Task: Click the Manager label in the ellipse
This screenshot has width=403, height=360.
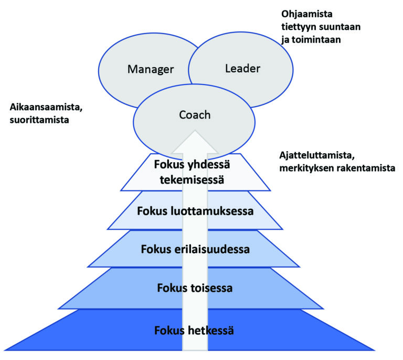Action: tap(151, 69)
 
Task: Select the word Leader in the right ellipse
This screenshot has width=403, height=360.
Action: tap(242, 69)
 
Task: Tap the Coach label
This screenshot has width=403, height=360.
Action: tap(195, 115)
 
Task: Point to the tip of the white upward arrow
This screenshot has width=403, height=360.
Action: tap(195, 131)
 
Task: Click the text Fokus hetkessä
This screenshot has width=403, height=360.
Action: tap(194, 331)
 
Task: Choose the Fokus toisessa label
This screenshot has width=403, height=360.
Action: tap(195, 288)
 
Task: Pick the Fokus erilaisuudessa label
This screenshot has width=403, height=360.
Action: tap(195, 249)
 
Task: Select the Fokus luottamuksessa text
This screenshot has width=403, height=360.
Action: tap(195, 211)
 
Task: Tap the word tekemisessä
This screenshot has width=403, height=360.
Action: tap(192, 179)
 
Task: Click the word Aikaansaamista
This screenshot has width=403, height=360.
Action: tap(46, 107)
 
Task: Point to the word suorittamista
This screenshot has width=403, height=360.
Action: tap(39, 120)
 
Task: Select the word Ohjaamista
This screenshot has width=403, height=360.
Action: tap(307, 14)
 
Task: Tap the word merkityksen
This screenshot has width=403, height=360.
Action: tap(303, 168)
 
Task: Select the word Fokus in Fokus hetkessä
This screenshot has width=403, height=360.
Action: tap(169, 331)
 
